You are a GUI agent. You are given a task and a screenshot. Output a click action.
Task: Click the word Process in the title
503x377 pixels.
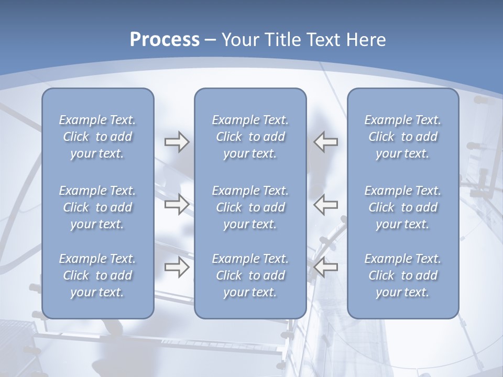(x=165, y=40)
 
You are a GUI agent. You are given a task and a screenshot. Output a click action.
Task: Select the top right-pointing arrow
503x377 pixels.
(x=177, y=142)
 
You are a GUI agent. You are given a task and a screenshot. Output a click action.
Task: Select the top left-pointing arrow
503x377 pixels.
(x=326, y=142)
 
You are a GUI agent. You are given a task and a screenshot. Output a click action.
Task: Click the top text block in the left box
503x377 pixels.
(x=97, y=137)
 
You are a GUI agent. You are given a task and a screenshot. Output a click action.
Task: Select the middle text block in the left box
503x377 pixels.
(x=97, y=207)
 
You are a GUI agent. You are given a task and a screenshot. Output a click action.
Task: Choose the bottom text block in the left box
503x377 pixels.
(x=97, y=275)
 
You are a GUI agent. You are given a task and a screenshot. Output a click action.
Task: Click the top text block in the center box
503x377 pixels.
(x=250, y=137)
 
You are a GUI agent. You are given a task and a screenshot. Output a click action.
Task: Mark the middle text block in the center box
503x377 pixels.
(x=250, y=207)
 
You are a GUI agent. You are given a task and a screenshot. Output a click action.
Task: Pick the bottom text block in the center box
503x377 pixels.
(x=250, y=275)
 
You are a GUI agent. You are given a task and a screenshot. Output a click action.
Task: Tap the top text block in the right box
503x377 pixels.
(x=403, y=137)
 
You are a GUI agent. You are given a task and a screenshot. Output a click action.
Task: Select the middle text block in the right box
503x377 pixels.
(x=403, y=207)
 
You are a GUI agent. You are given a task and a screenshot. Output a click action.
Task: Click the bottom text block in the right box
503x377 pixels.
(x=403, y=275)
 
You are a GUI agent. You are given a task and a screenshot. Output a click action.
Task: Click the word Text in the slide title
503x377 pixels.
(x=323, y=40)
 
